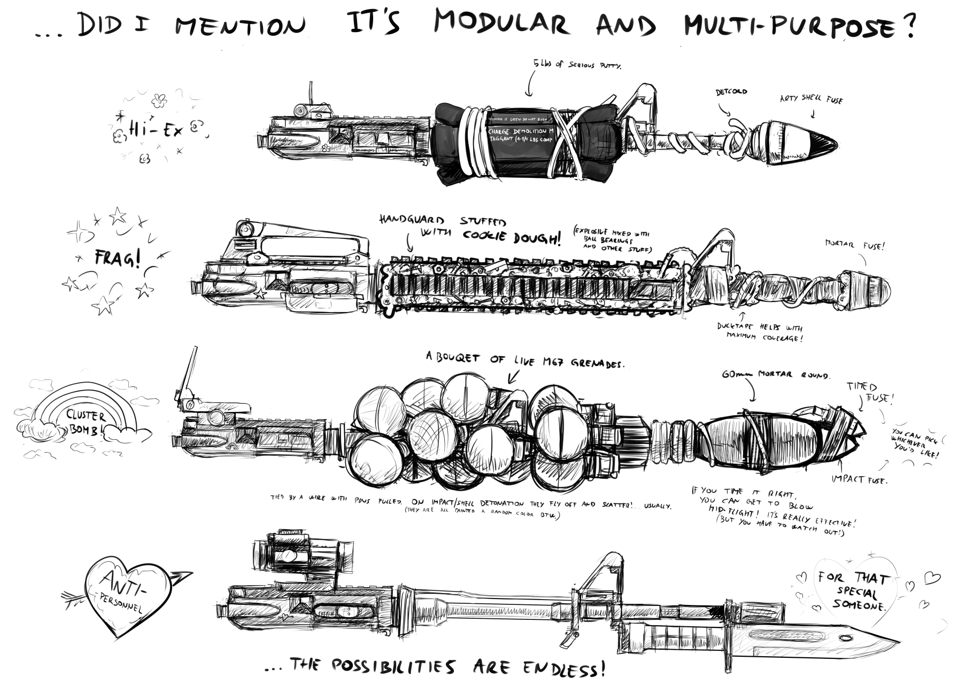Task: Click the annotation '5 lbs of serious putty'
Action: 577,66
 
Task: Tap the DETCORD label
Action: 731,92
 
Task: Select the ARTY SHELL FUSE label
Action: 811,99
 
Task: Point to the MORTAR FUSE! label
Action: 855,246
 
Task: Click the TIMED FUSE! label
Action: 870,393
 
